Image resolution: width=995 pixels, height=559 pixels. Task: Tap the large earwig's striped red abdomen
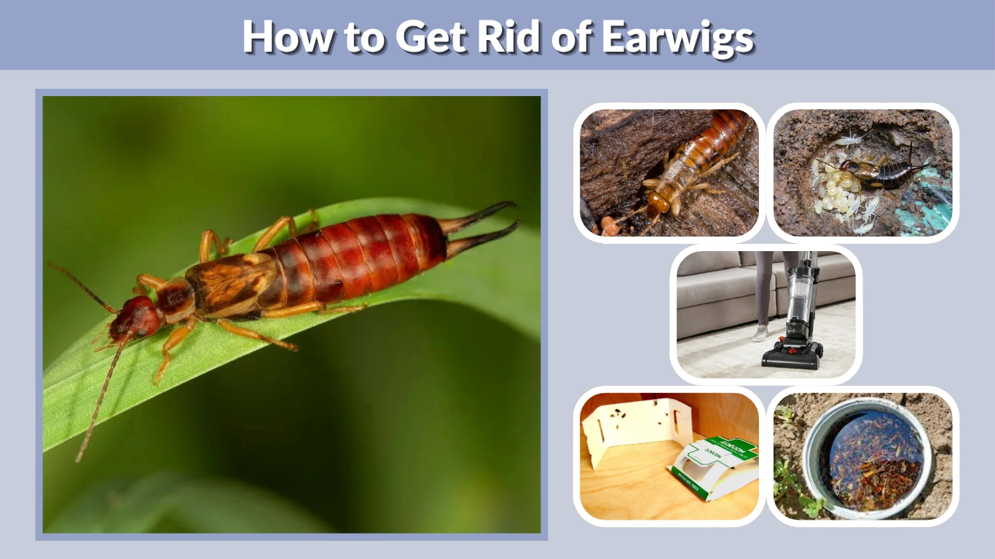pyautogui.click(x=364, y=251)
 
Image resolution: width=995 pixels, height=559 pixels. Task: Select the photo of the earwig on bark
pyautogui.click(x=669, y=173)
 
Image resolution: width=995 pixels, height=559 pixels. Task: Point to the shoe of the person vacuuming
pyautogui.click(x=760, y=333)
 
